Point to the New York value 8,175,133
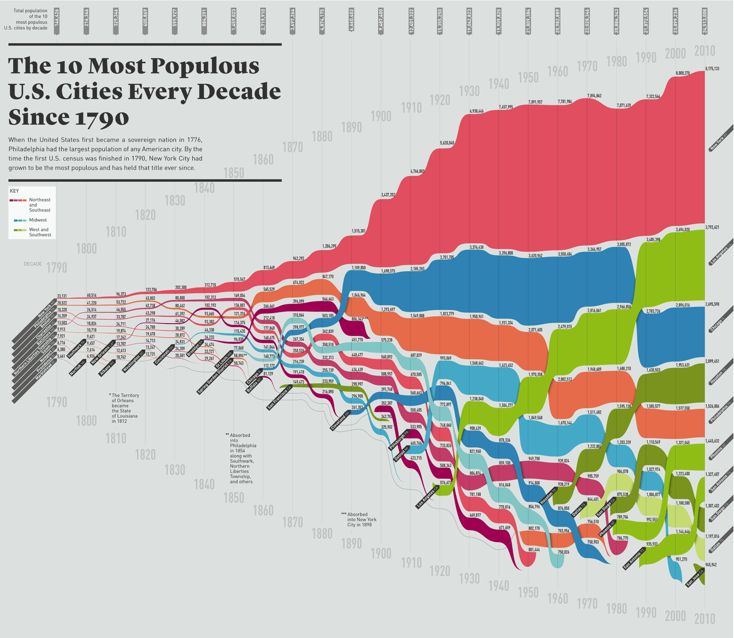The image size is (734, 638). [x=712, y=69]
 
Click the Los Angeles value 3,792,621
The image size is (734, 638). [x=712, y=227]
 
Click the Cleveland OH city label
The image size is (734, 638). [x=340, y=420]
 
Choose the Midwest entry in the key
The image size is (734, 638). [x=38, y=220]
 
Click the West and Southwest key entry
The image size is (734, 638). [x=40, y=232]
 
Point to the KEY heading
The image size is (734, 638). [x=14, y=191]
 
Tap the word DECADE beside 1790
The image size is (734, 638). [x=33, y=264]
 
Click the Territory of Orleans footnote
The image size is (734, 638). [x=125, y=408]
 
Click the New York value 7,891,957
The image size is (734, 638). [x=535, y=102]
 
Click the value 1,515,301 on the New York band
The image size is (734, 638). [x=358, y=231]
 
